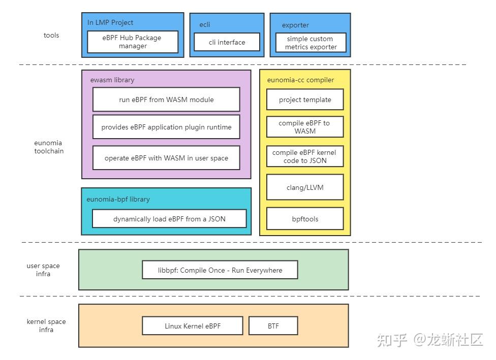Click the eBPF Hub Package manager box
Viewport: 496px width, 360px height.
133,42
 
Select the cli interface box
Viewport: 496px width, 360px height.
227,42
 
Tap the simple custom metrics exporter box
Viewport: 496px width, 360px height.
311,43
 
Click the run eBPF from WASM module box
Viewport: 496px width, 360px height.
166,100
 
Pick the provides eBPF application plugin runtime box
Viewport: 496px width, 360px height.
166,127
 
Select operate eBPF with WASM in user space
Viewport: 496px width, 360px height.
166,158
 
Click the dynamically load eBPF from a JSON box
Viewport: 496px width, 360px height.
169,219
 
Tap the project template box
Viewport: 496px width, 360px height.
305,100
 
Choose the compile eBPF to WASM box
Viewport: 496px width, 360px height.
305,127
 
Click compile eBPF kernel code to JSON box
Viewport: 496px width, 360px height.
305,156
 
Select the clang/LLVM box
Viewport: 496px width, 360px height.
305,187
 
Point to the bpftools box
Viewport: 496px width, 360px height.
305,219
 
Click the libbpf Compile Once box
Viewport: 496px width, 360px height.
220,270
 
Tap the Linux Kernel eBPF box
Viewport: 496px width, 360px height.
193,326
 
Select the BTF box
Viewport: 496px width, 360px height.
273,326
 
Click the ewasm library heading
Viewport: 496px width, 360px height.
112,80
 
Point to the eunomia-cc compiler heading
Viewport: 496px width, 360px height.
300,80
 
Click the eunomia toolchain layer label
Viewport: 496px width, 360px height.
49,147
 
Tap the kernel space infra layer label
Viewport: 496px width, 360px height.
46,325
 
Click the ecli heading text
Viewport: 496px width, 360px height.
205,24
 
